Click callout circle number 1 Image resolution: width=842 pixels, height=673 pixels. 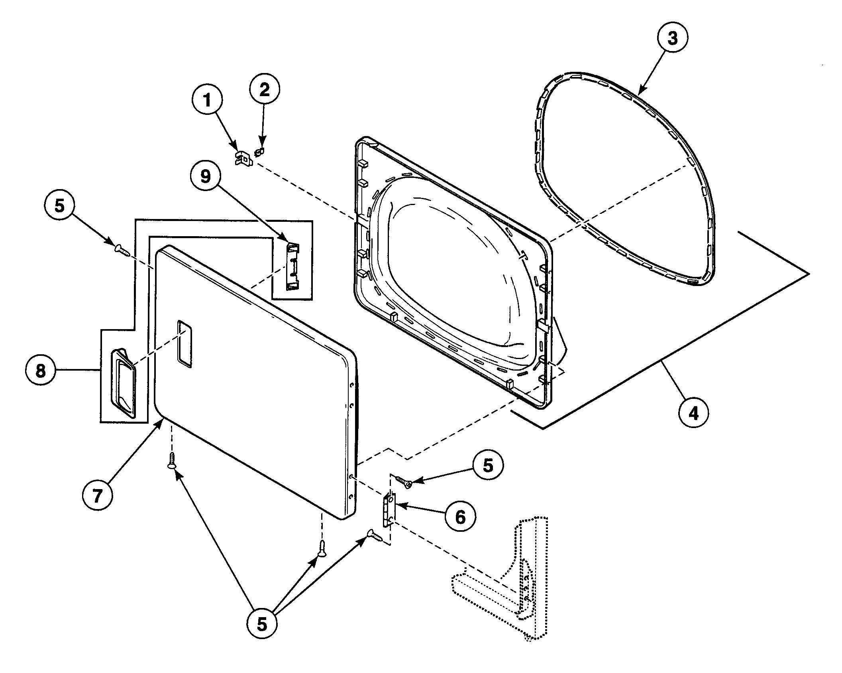pyautogui.click(x=206, y=100)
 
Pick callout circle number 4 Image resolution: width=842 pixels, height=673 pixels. pyautogui.click(x=694, y=413)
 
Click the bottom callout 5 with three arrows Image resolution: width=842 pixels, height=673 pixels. pyautogui.click(x=261, y=625)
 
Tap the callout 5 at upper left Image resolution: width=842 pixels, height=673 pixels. pyautogui.click(x=59, y=207)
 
